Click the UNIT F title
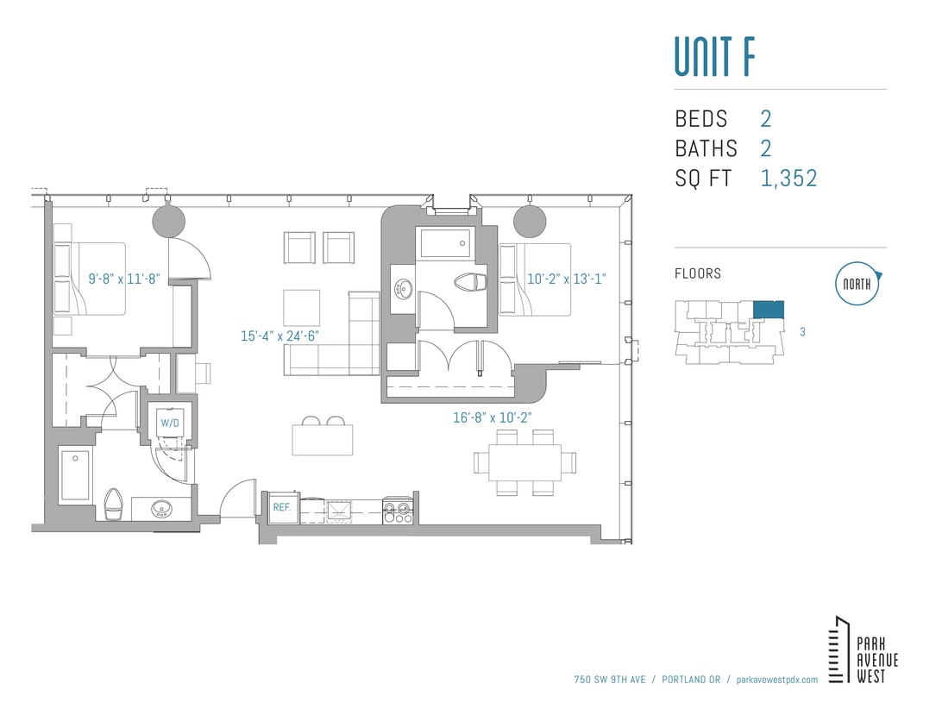(x=715, y=56)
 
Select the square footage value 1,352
(x=788, y=179)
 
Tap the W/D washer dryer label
(x=168, y=424)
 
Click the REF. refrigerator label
(x=282, y=508)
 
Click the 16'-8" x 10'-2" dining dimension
(x=493, y=417)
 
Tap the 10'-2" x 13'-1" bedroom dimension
(x=567, y=279)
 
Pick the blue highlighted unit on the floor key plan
(x=768, y=310)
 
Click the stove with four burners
(x=398, y=510)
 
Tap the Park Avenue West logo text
(x=876, y=660)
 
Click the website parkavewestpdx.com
(x=777, y=680)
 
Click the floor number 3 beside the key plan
(x=802, y=331)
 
